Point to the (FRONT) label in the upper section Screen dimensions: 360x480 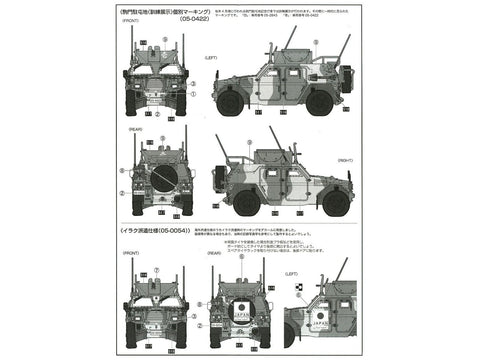pos(132,38)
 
